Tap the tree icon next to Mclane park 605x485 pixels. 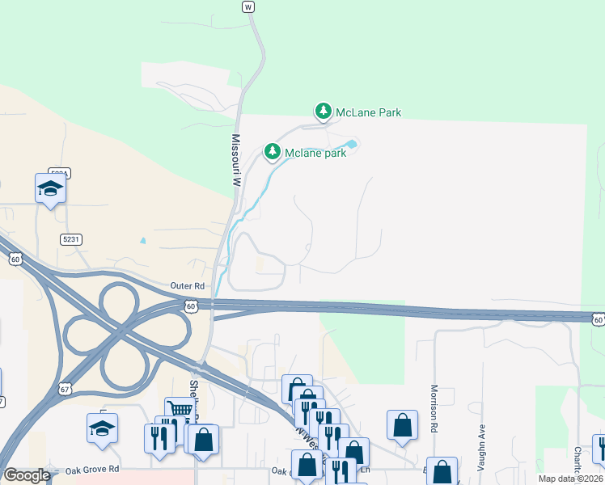click(x=273, y=151)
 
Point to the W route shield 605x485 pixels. click(x=248, y=6)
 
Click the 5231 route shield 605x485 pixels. click(x=70, y=239)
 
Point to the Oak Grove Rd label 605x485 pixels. click(x=92, y=469)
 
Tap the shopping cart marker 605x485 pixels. click(x=178, y=410)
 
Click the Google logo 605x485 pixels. click(x=27, y=475)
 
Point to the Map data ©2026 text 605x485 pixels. click(x=569, y=479)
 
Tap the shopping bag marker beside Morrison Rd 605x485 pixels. click(x=402, y=424)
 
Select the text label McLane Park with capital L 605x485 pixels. click(x=368, y=112)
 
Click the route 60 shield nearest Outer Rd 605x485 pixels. click(x=191, y=306)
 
